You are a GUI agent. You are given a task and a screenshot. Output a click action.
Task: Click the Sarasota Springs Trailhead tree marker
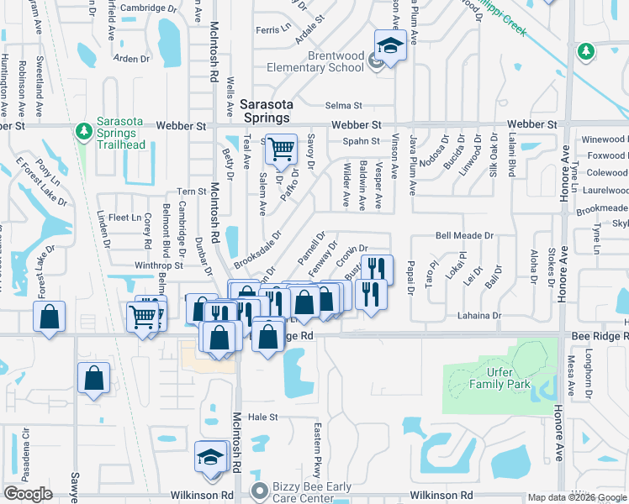pyautogui.click(x=83, y=131)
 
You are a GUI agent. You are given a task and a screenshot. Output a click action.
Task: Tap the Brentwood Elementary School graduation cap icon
pyautogui.click(x=390, y=45)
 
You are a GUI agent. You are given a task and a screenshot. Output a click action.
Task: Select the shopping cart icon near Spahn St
pyautogui.click(x=281, y=150)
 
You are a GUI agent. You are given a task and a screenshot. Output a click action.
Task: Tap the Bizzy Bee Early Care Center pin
pyautogui.click(x=260, y=490)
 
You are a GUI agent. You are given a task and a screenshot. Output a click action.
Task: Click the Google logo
pyautogui.click(x=28, y=494)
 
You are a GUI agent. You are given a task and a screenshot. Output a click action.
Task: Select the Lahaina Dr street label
pyautogui.click(x=479, y=316)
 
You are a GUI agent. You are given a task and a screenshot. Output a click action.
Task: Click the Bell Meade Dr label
pyautogui.click(x=464, y=237)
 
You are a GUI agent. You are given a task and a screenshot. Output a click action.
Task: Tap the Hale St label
pyautogui.click(x=262, y=417)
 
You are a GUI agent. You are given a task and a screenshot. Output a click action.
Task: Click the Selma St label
pyautogui.click(x=343, y=106)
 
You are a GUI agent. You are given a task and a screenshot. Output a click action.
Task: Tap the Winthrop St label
pyautogui.click(x=159, y=265)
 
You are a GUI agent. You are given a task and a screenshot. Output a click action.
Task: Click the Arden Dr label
pyautogui.click(x=131, y=59)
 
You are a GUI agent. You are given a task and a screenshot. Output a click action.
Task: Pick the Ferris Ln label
pyautogui.click(x=272, y=29)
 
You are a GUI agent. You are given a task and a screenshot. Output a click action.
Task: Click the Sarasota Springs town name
pyautogui.click(x=267, y=111)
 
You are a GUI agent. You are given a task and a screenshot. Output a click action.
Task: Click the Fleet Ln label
pyautogui.click(x=124, y=218)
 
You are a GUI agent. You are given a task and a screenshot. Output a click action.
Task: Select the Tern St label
pyautogui.click(x=192, y=192)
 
